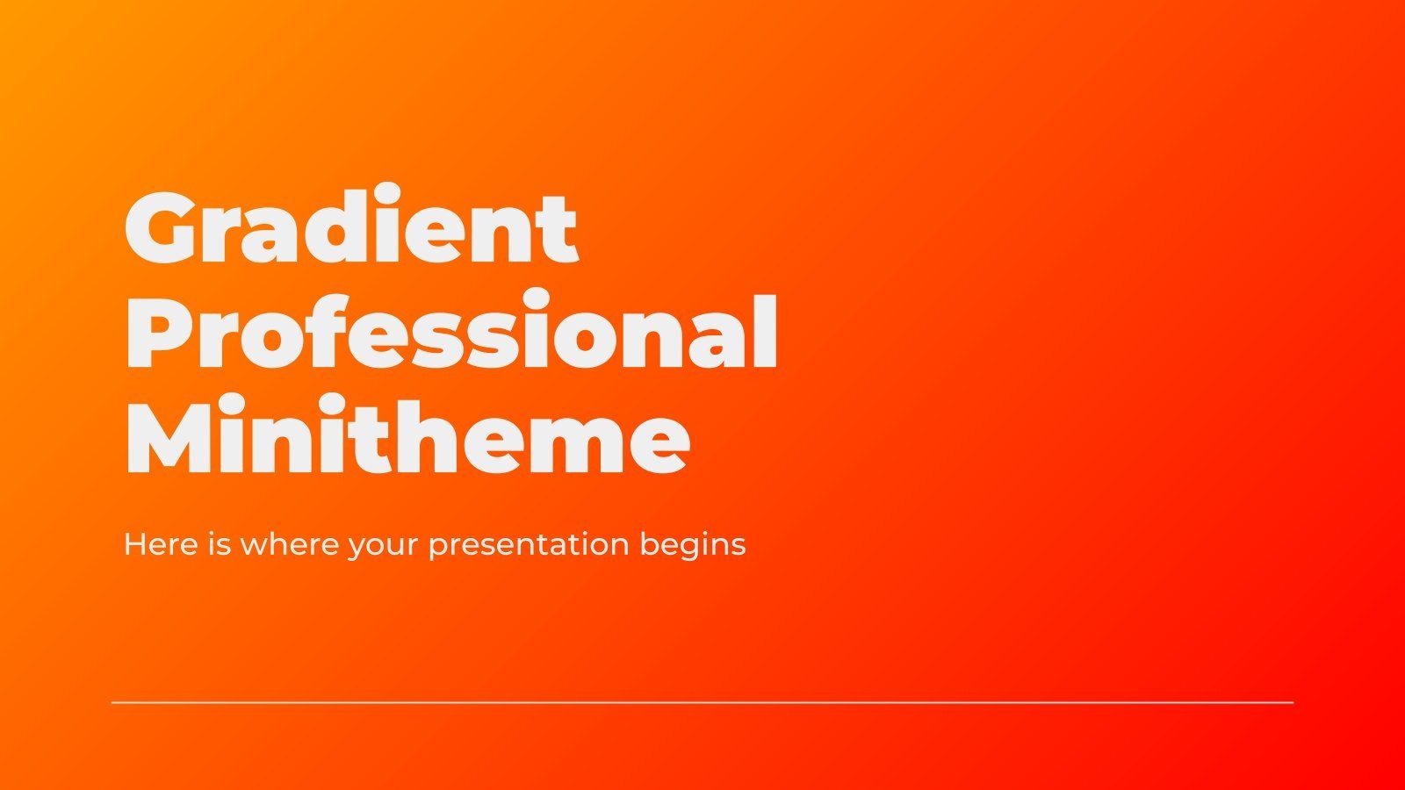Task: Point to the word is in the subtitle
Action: click(x=220, y=544)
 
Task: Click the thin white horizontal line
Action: click(x=702, y=702)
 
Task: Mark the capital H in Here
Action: click(x=134, y=544)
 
